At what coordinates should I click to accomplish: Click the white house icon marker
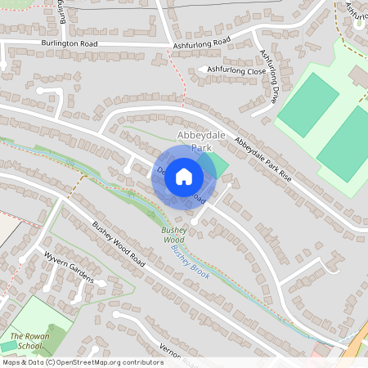184,177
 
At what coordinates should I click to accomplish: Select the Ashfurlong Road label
202,42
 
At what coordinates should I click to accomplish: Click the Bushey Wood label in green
172,235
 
